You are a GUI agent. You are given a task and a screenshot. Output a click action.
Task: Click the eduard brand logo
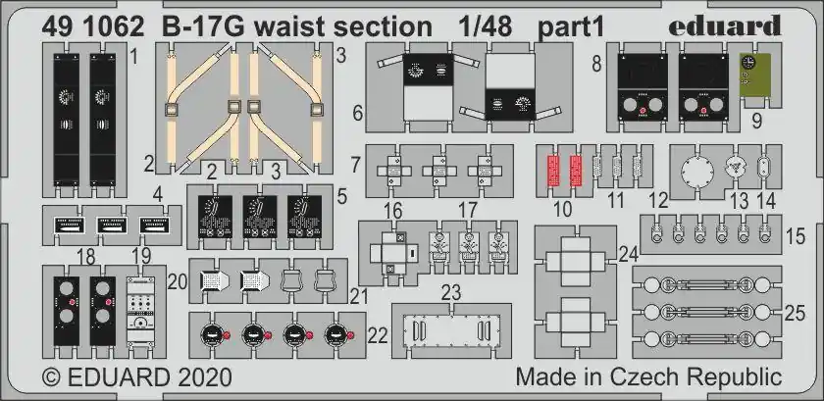pos(724,26)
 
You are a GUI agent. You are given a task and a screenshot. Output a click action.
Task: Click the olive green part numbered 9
pos(755,75)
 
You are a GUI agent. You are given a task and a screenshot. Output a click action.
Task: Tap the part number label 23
pos(451,292)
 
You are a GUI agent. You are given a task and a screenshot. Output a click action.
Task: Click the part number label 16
pos(393,211)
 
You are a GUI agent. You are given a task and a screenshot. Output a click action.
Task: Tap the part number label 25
pos(796,313)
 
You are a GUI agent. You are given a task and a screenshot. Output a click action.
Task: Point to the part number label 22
pos(378,335)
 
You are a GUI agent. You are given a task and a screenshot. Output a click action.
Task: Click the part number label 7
pos(356,165)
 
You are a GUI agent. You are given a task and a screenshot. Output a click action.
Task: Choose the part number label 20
pos(179,282)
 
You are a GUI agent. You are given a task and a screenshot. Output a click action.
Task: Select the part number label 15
pos(796,236)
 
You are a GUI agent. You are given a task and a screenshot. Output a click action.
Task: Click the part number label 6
pos(358,113)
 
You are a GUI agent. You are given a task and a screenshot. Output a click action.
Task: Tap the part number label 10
pos(562,209)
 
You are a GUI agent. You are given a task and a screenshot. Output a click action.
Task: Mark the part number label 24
pos(628,255)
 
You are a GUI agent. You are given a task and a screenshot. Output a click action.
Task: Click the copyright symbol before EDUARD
pos(51,377)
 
